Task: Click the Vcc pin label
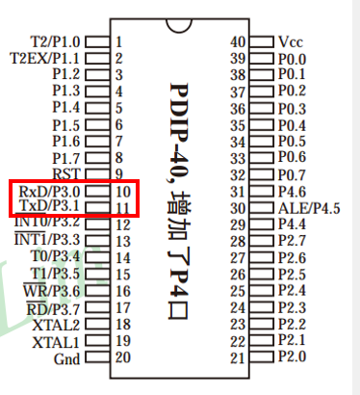click(x=291, y=41)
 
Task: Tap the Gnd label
click(x=66, y=358)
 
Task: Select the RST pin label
click(x=65, y=173)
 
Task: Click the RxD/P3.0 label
click(x=49, y=192)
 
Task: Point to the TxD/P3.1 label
click(x=50, y=205)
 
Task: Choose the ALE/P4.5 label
click(x=309, y=208)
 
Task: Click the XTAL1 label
click(x=56, y=342)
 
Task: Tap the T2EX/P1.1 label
click(x=44, y=59)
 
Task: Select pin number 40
click(x=238, y=41)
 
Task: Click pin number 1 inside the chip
click(x=118, y=41)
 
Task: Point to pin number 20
click(x=123, y=357)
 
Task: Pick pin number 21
click(x=238, y=357)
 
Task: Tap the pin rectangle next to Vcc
click(x=262, y=42)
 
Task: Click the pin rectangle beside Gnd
click(x=97, y=357)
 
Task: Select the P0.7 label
click(x=292, y=175)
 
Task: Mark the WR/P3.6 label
click(x=51, y=291)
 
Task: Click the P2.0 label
click(x=292, y=356)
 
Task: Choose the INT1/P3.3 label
click(x=47, y=239)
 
